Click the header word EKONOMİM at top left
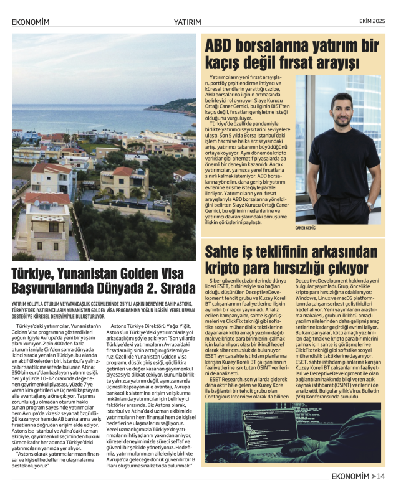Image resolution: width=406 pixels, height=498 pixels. point(31,21)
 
